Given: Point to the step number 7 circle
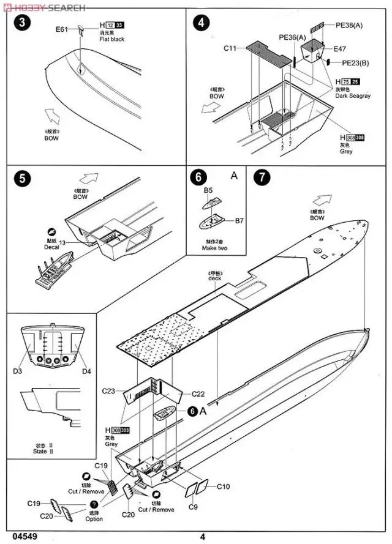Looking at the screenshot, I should click(262, 178).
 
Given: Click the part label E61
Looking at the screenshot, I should click(62, 29).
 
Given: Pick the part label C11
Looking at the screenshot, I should click(230, 48).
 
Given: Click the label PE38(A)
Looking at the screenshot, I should click(349, 25).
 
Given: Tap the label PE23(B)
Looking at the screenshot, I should click(355, 62).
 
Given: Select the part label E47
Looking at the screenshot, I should click(340, 48).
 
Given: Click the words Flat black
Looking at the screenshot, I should click(113, 40).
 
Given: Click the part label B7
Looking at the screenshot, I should click(238, 220).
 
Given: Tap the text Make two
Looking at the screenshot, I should click(214, 248).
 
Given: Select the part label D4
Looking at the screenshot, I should click(86, 371).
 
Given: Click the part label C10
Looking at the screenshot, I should click(223, 486).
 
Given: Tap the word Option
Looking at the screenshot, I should click(94, 519).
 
